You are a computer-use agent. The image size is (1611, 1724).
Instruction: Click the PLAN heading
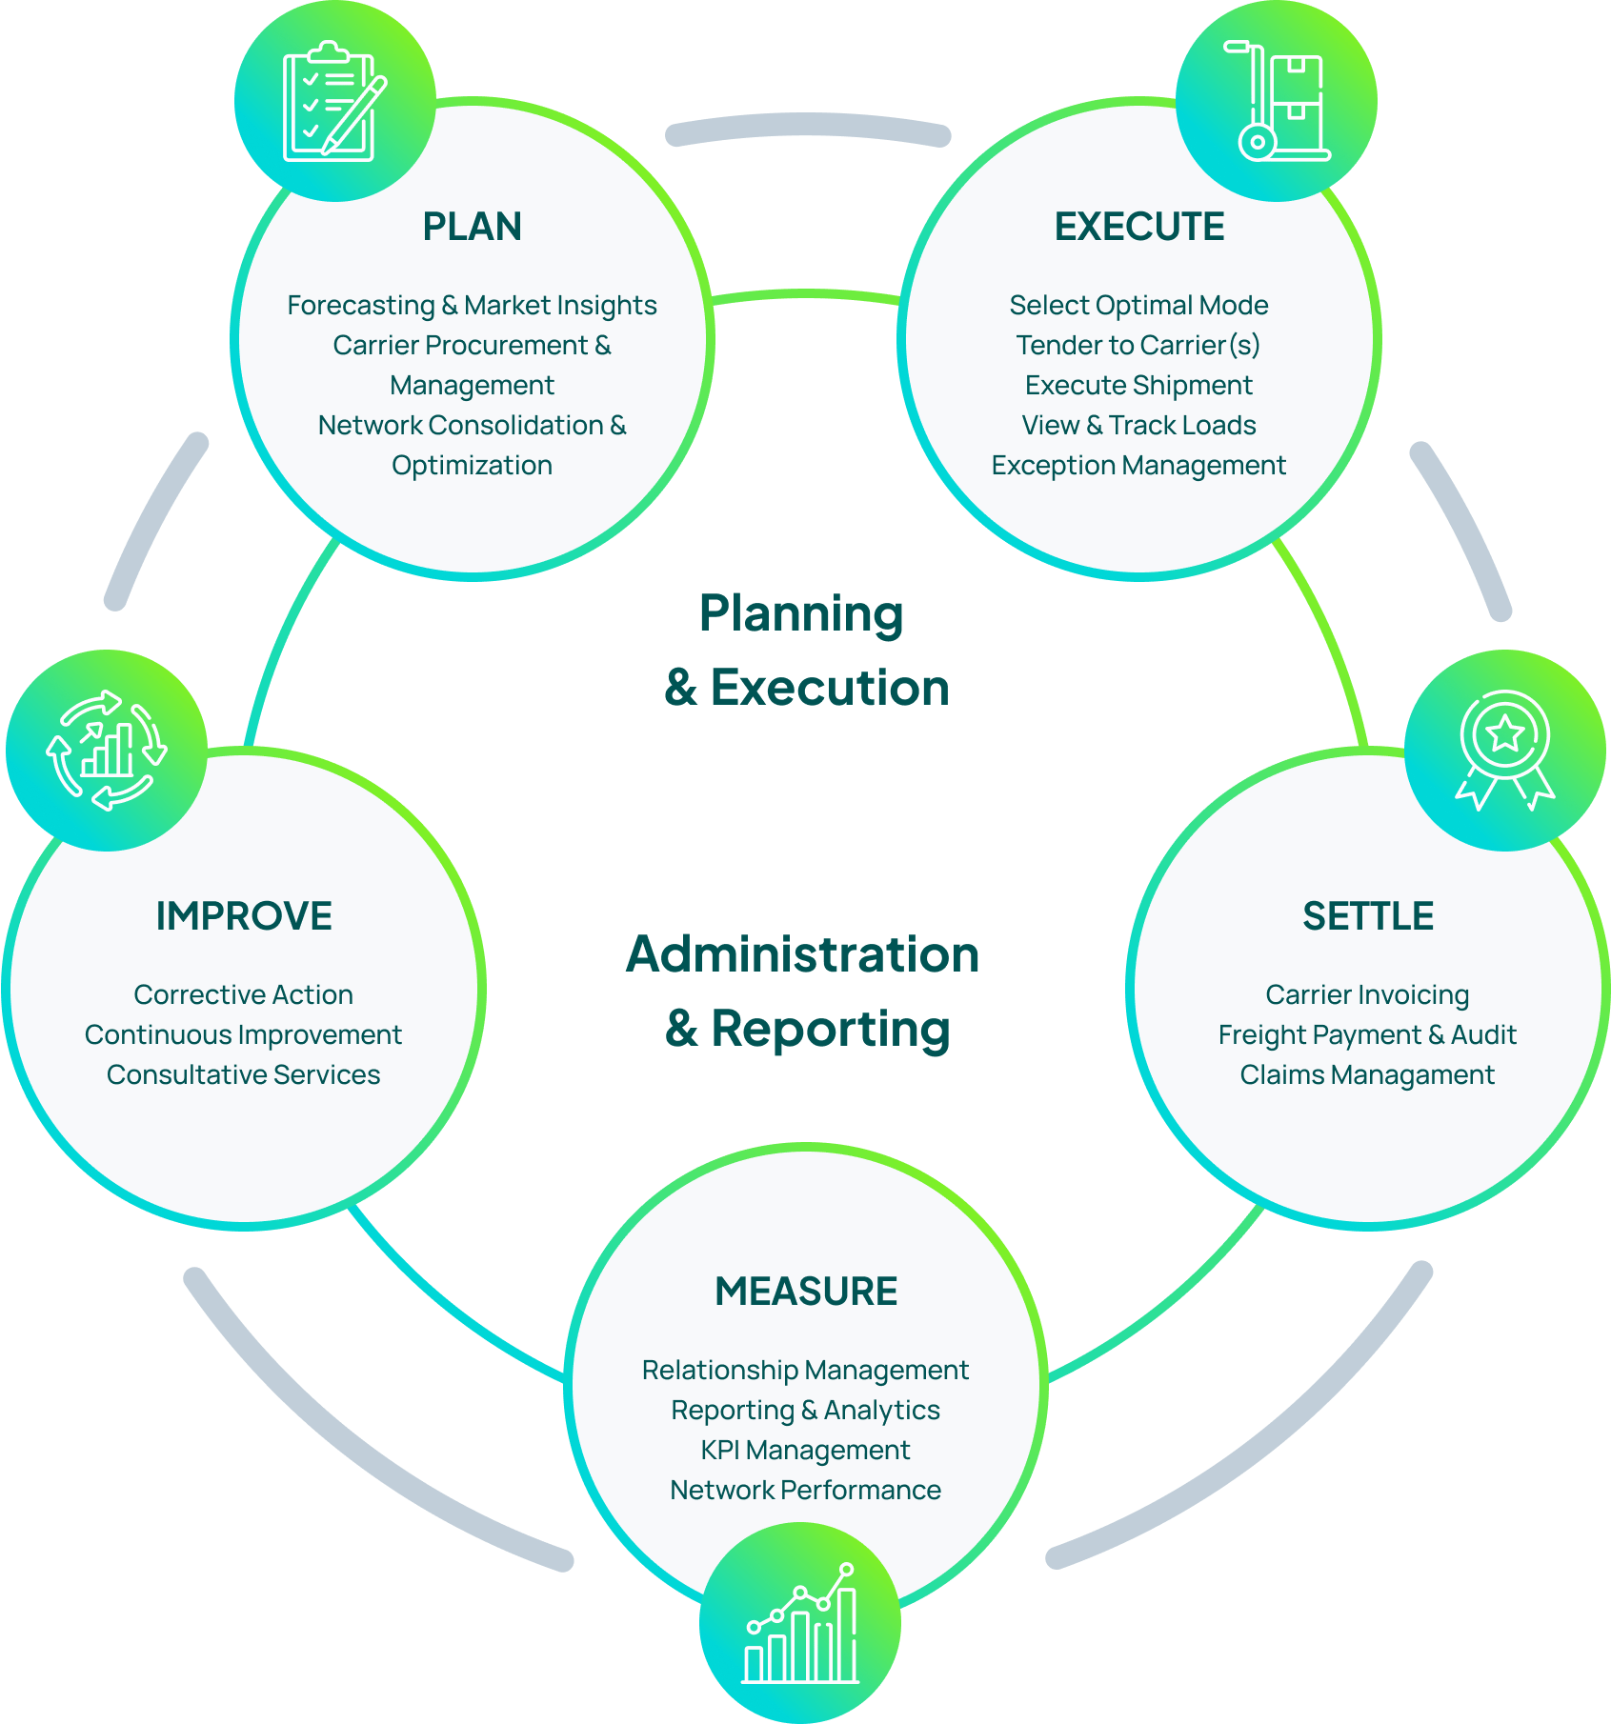click(472, 227)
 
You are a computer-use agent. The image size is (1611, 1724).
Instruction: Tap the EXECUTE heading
click(1138, 227)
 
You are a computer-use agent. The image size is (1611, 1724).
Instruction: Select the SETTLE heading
click(1367, 916)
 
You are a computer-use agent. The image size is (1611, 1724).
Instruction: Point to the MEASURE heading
click(806, 1292)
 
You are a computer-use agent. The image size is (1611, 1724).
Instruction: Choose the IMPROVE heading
click(244, 916)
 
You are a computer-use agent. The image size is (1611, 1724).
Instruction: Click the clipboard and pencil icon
click(334, 101)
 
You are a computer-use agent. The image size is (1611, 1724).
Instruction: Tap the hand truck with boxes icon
click(1276, 101)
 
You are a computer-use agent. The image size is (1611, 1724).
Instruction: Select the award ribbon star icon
click(1504, 751)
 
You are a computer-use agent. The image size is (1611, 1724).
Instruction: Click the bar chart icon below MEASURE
click(800, 1624)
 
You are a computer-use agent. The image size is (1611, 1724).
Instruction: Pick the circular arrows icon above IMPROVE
click(107, 751)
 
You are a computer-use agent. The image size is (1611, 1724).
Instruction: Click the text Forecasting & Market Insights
click(472, 305)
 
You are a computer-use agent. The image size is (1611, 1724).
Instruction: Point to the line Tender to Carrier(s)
click(1138, 345)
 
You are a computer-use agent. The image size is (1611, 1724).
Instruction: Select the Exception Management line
click(1138, 465)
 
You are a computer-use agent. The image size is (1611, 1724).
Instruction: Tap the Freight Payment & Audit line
click(1367, 1034)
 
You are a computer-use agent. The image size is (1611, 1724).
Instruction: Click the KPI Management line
click(806, 1450)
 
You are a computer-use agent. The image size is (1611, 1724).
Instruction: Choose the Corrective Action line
click(244, 994)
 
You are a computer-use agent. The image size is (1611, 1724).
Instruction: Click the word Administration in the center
click(803, 954)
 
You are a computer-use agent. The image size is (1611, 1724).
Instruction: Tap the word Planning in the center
click(801, 614)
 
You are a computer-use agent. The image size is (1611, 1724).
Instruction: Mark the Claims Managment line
click(1367, 1074)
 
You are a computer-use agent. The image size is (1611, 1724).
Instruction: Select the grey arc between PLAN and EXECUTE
click(808, 127)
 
